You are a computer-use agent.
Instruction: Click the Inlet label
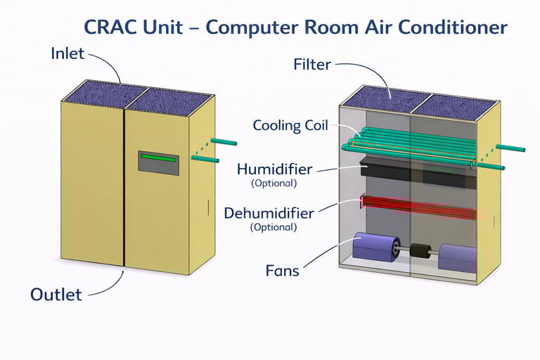click(67, 53)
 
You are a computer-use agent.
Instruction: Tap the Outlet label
click(56, 294)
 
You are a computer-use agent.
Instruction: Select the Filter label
click(311, 65)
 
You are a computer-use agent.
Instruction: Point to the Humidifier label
click(274, 169)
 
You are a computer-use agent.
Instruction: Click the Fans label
click(283, 270)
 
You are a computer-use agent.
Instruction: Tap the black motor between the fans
click(420, 250)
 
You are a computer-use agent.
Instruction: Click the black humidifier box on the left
click(383, 168)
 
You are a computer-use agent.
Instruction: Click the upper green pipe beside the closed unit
click(224, 142)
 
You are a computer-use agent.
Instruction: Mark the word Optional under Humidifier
click(274, 184)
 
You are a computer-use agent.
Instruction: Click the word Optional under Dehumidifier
click(274, 227)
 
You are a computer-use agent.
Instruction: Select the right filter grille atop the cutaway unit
click(453, 106)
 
